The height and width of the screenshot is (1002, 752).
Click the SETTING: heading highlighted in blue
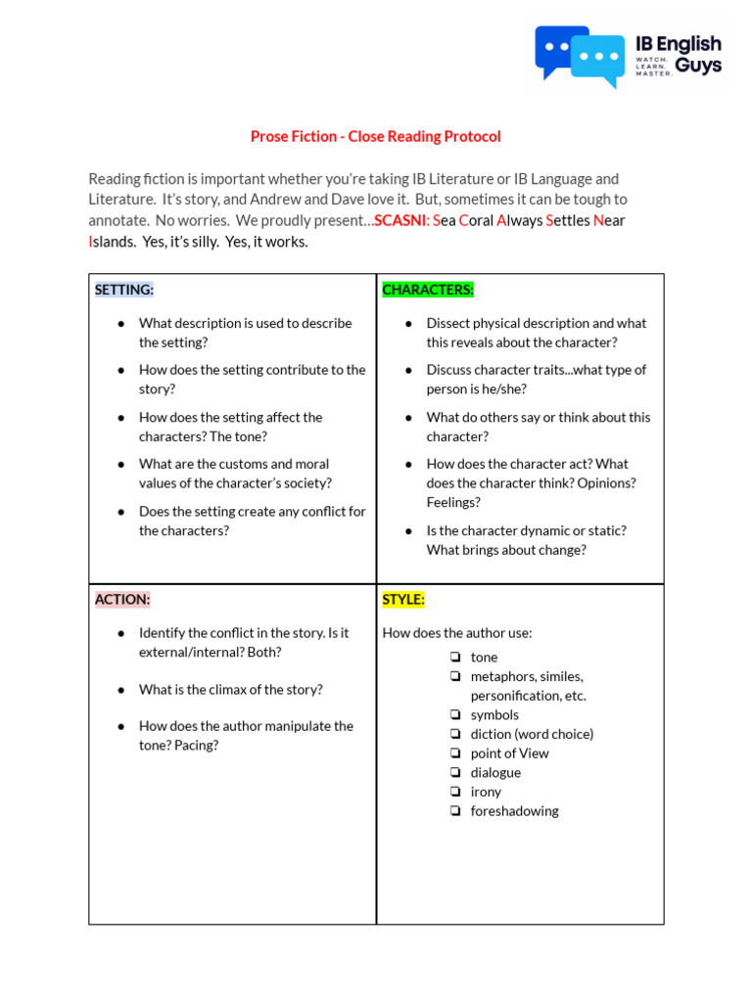click(x=124, y=290)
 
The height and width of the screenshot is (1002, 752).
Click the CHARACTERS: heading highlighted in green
click(x=428, y=290)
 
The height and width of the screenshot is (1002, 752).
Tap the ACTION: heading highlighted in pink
click(x=122, y=600)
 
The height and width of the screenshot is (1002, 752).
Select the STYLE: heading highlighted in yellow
click(x=403, y=600)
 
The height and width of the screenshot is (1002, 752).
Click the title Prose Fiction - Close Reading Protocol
click(x=376, y=137)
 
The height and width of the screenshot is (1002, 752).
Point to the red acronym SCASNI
click(x=399, y=220)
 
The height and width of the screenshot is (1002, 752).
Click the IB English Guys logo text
click(x=678, y=55)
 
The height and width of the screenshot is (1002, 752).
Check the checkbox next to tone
click(x=455, y=658)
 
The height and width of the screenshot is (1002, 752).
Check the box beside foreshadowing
click(x=455, y=811)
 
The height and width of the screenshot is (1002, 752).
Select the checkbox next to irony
click(x=455, y=792)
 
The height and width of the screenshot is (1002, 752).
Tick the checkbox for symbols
click(x=455, y=715)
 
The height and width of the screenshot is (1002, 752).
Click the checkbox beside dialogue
click(x=455, y=773)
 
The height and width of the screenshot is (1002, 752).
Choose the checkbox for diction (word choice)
click(x=455, y=734)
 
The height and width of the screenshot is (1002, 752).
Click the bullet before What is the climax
click(x=120, y=690)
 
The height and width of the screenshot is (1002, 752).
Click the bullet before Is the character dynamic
click(x=408, y=530)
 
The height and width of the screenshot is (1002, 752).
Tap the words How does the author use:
click(x=457, y=633)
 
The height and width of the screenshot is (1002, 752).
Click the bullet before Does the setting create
click(x=120, y=512)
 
